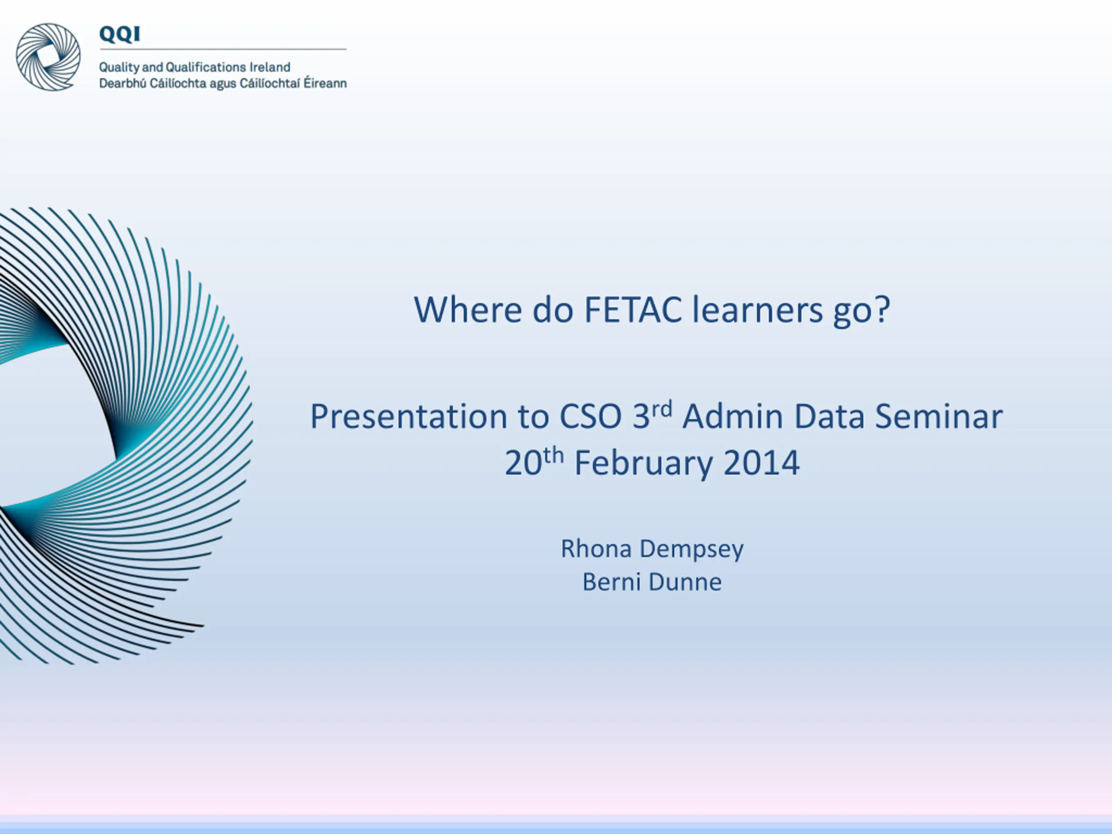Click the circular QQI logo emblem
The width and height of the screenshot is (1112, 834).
(48, 57)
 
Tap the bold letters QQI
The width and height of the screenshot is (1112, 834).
(119, 34)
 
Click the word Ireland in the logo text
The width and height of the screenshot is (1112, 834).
(270, 67)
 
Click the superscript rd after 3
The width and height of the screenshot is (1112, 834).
(662, 409)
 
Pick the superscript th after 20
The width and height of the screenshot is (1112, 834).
(553, 456)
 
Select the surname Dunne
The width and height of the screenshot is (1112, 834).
(685, 582)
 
